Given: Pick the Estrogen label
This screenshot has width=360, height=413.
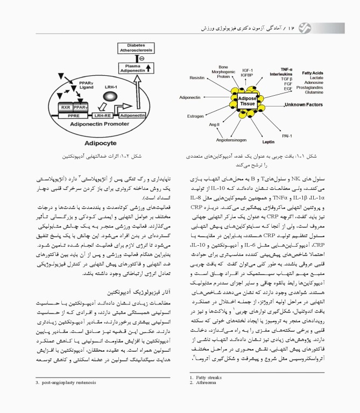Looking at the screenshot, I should pos(195,116).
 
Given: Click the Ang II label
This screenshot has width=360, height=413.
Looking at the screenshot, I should pos(214,125).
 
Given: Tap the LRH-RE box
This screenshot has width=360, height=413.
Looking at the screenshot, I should pos(105,115).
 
